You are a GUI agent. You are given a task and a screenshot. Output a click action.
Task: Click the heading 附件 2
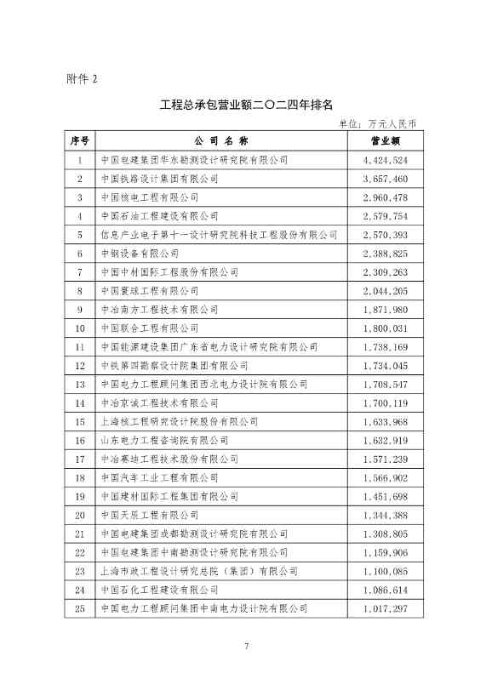tap(83, 79)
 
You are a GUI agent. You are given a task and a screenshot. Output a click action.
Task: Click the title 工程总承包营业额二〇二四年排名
tap(246, 106)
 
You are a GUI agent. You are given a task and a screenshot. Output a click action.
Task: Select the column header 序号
tap(80, 140)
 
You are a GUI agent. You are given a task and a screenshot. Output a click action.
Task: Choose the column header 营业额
tap(385, 140)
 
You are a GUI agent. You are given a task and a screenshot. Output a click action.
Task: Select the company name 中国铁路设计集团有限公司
tap(159, 179)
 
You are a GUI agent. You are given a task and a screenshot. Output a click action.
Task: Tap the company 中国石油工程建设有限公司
tap(159, 216)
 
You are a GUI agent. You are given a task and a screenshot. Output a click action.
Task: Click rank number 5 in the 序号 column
tap(80, 235)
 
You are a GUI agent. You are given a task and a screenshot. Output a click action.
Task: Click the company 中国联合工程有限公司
tap(149, 328)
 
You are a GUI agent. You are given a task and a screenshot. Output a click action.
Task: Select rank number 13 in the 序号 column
tap(80, 384)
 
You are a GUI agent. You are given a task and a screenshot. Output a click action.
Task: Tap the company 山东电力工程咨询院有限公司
tap(164, 440)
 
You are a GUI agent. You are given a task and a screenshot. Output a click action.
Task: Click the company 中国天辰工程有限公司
tap(149, 515)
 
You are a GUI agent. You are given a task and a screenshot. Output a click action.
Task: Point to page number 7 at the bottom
tap(246, 648)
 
